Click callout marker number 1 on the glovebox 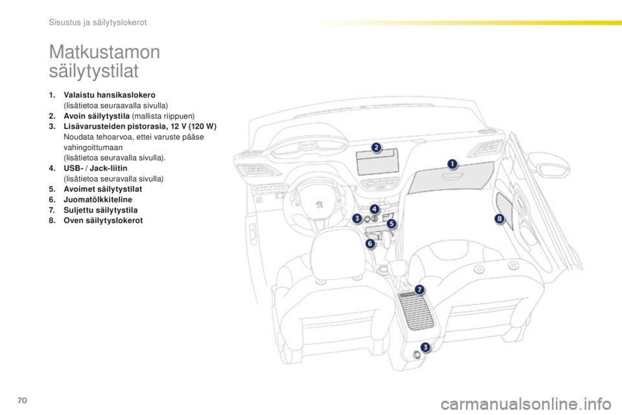click(x=452, y=164)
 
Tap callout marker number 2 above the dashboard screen click(x=376, y=148)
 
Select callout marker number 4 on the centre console click(x=374, y=209)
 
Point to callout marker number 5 click(x=391, y=224)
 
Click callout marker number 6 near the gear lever click(x=370, y=243)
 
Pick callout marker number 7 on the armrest click(x=419, y=289)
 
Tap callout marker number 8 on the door click(x=499, y=219)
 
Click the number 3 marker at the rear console click(x=425, y=348)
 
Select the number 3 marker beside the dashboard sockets click(x=357, y=218)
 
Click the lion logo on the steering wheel click(x=319, y=204)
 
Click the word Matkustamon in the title click(x=105, y=52)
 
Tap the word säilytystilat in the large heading click(x=93, y=71)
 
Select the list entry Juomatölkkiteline click(x=98, y=199)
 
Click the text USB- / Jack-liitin click(x=96, y=168)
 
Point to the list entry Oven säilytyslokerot click(x=103, y=220)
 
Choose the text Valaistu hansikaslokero click(x=109, y=95)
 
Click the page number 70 click(x=22, y=400)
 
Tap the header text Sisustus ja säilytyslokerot click(x=98, y=22)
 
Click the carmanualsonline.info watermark click(x=526, y=405)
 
